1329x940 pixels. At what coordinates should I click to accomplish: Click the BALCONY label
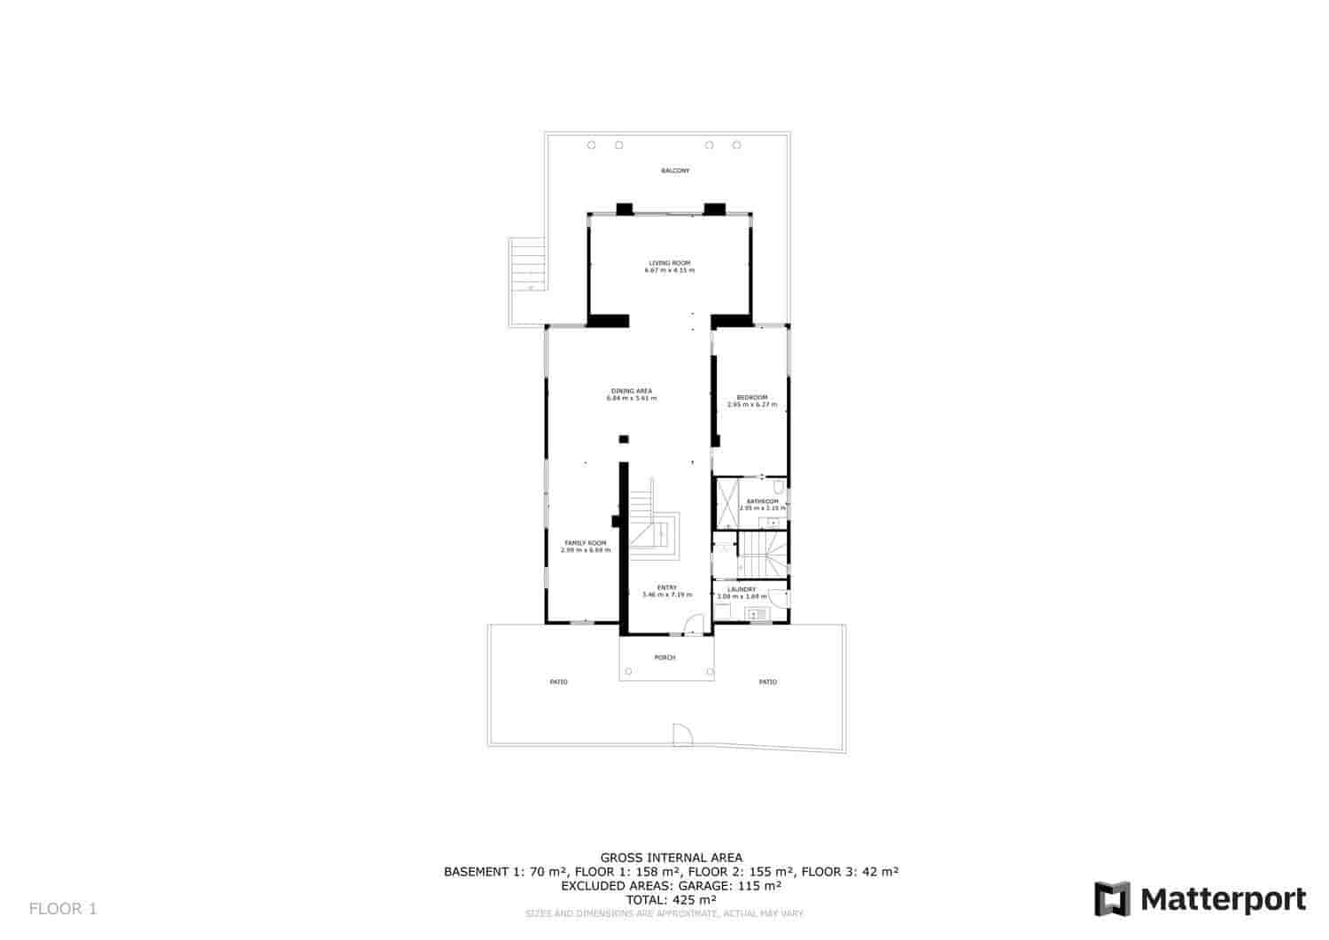click(x=674, y=170)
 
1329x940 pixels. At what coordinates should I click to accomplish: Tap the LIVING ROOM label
click(x=669, y=263)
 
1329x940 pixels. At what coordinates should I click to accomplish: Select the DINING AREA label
click(x=631, y=391)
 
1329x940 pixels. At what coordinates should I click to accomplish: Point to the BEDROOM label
click(x=751, y=397)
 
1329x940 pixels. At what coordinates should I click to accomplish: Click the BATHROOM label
click(x=762, y=501)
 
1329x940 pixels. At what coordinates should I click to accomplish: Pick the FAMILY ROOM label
click(x=585, y=542)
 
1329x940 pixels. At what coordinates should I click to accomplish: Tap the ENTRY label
click(x=666, y=587)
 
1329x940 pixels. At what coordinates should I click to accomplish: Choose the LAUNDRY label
click(x=741, y=589)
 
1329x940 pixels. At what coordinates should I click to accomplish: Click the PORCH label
click(x=664, y=657)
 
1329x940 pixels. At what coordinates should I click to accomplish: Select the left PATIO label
click(x=558, y=682)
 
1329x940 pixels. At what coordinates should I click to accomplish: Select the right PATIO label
click(x=767, y=682)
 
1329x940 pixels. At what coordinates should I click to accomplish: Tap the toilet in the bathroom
click(x=778, y=486)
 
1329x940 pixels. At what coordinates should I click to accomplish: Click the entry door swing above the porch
click(x=696, y=625)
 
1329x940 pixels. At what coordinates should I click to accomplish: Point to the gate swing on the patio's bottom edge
click(x=681, y=734)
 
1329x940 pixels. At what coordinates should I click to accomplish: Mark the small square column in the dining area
click(x=623, y=439)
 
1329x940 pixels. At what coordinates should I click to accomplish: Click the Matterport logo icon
click(x=1112, y=899)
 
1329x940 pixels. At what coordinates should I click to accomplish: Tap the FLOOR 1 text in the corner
click(x=63, y=908)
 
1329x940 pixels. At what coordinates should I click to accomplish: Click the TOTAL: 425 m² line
click(x=671, y=899)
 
